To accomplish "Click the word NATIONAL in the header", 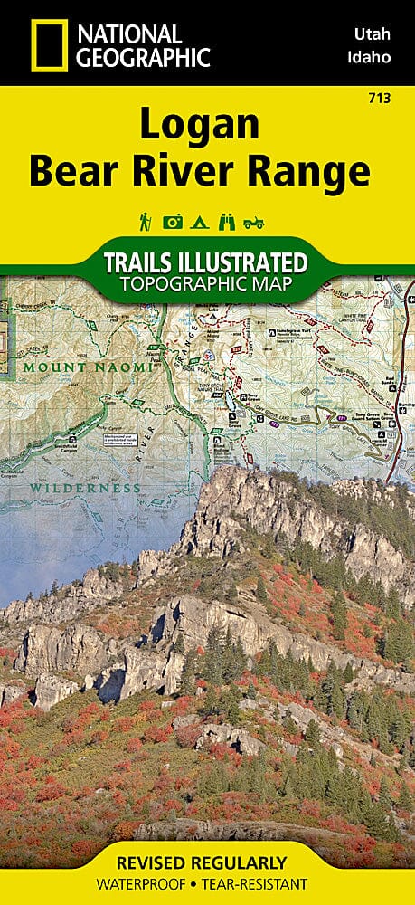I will [x=129, y=33].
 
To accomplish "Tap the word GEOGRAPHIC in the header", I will [x=144, y=57].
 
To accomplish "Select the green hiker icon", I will [x=145, y=222].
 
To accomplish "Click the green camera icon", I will [x=172, y=222].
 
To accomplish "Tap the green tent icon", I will [x=198, y=222].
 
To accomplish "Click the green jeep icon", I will [x=254, y=222].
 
